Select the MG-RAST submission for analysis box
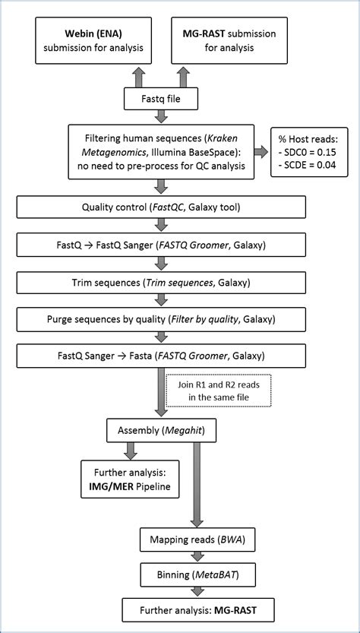[230, 41]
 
